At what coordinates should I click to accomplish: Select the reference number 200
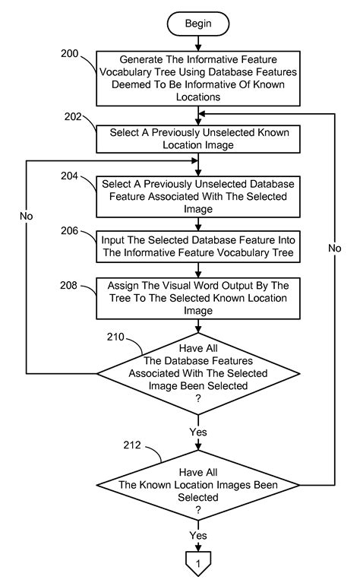(x=69, y=53)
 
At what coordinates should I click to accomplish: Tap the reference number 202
(x=73, y=117)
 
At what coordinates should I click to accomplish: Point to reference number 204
(x=69, y=176)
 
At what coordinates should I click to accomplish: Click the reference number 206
(x=69, y=230)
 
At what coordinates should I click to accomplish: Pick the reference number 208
(x=68, y=285)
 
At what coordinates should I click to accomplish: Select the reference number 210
(x=115, y=337)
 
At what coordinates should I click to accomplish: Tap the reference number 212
(x=132, y=445)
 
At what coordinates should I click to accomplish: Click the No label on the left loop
(x=26, y=216)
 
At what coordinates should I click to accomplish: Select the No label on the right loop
(x=335, y=248)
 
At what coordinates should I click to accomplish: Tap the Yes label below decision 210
(x=198, y=432)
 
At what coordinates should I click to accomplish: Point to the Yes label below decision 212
(x=198, y=536)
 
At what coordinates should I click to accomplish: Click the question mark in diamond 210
(x=198, y=398)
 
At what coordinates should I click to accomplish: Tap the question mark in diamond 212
(x=198, y=510)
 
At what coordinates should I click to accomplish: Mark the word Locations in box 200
(x=198, y=97)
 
